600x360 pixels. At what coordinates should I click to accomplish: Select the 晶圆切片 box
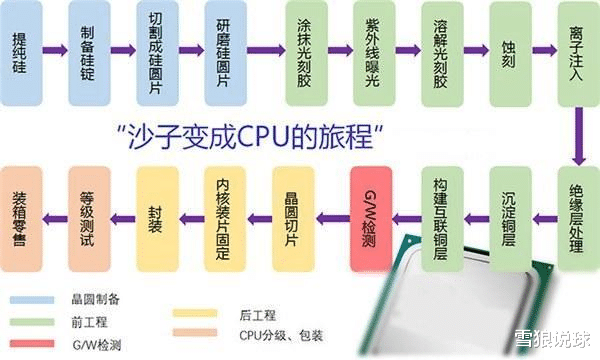tap(294, 215)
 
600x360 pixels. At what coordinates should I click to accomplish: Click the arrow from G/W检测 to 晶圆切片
tap(331, 215)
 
